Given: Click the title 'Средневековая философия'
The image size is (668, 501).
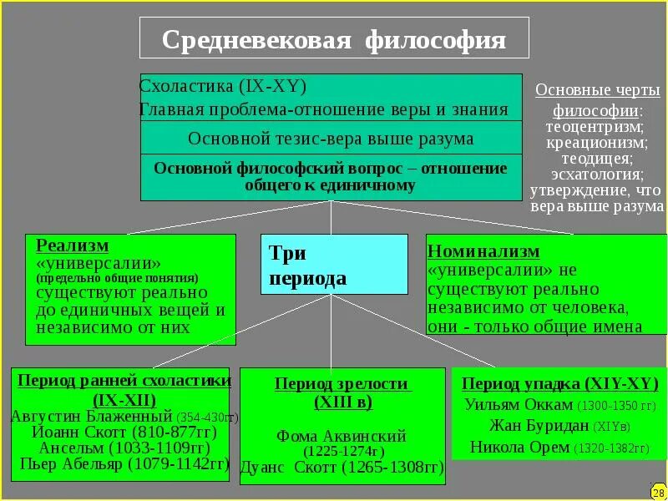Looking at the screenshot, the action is pos(334,40).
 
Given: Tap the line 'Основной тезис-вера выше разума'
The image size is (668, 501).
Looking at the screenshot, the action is pos(331,139).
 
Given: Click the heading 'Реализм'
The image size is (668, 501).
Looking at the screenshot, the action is pos(73,246).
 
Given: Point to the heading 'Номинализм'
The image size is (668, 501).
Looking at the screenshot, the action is pos(483,251).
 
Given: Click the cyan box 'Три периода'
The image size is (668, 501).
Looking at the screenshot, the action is pos(334,265).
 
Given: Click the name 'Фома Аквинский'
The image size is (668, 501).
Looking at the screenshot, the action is pos(342,436).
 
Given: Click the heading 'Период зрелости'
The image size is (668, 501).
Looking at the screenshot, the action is pos(342,384).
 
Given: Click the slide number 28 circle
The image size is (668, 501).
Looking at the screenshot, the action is pos(658,492).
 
